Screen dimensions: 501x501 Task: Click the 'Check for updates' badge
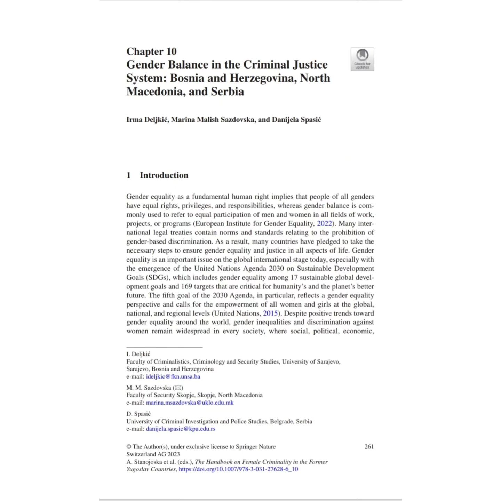[x=362, y=59]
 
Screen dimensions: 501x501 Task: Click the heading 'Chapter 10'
[x=151, y=51]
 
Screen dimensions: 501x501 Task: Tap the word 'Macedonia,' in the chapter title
[x=156, y=92]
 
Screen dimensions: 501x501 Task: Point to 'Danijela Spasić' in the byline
[x=296, y=120]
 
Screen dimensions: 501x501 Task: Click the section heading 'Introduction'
[x=164, y=175]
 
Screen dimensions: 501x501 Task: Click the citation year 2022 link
[x=325, y=224]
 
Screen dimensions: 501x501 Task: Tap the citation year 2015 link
[x=270, y=313]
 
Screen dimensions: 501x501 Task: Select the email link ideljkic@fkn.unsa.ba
[x=173, y=376]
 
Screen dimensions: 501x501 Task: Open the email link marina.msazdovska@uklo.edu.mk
[x=190, y=403]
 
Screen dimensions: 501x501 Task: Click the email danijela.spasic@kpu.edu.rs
[x=181, y=429]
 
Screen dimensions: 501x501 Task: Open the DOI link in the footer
[x=238, y=469]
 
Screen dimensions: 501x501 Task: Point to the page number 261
[x=369, y=446]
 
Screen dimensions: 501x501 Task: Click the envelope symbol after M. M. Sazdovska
[x=178, y=388]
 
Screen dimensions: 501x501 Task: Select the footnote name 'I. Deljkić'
[x=138, y=354]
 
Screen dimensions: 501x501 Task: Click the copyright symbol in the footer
[x=129, y=447]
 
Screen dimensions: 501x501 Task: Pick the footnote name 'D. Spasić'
[x=138, y=414]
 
